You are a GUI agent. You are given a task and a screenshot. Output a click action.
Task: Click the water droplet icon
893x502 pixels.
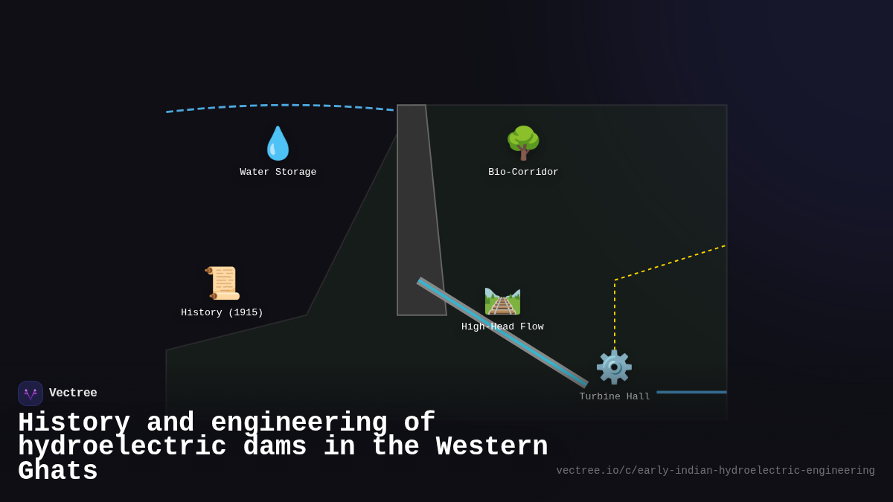pyautogui.click(x=278, y=144)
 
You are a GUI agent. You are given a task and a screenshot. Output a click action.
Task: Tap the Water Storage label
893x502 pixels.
pyautogui.click(x=278, y=173)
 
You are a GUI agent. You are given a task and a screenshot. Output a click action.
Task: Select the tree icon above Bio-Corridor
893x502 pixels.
pyautogui.click(x=523, y=143)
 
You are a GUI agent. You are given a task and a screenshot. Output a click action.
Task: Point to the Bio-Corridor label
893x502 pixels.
pyautogui.click(x=523, y=173)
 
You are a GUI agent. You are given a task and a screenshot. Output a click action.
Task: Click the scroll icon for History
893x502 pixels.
pyautogui.click(x=223, y=283)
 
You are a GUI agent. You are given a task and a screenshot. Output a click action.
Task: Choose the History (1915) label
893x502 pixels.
pyautogui.click(x=222, y=313)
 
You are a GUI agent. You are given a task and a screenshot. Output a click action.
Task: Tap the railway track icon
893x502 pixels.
pyautogui.click(x=502, y=301)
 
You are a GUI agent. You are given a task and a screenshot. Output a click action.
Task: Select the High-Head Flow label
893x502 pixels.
pyautogui.click(x=502, y=327)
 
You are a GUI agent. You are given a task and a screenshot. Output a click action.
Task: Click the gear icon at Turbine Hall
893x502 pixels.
pyautogui.click(x=614, y=367)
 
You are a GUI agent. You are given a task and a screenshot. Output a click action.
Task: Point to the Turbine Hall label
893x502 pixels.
pyautogui.click(x=615, y=397)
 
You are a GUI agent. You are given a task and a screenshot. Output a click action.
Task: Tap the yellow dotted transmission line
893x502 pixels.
pyautogui.click(x=670, y=263)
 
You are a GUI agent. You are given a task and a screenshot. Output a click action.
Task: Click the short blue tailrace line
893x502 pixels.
pyautogui.click(x=691, y=392)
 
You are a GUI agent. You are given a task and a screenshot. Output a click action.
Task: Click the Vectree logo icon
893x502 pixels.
pyautogui.click(x=31, y=393)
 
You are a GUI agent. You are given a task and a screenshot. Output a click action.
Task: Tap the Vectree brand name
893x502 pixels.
pyautogui.click(x=73, y=393)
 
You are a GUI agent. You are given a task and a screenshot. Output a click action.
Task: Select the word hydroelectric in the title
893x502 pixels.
pyautogui.click(x=122, y=447)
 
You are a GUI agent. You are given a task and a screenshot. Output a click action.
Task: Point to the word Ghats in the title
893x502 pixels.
pyautogui.click(x=58, y=472)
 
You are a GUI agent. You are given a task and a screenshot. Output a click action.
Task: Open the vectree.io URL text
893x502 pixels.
pyautogui.click(x=715, y=471)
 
